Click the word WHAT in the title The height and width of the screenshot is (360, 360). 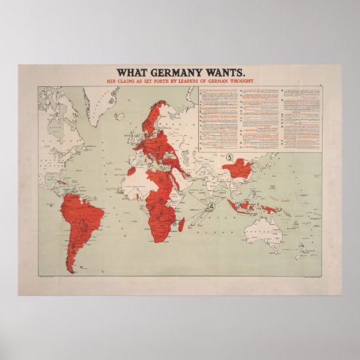131,73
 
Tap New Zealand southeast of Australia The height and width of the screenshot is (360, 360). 298,255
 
